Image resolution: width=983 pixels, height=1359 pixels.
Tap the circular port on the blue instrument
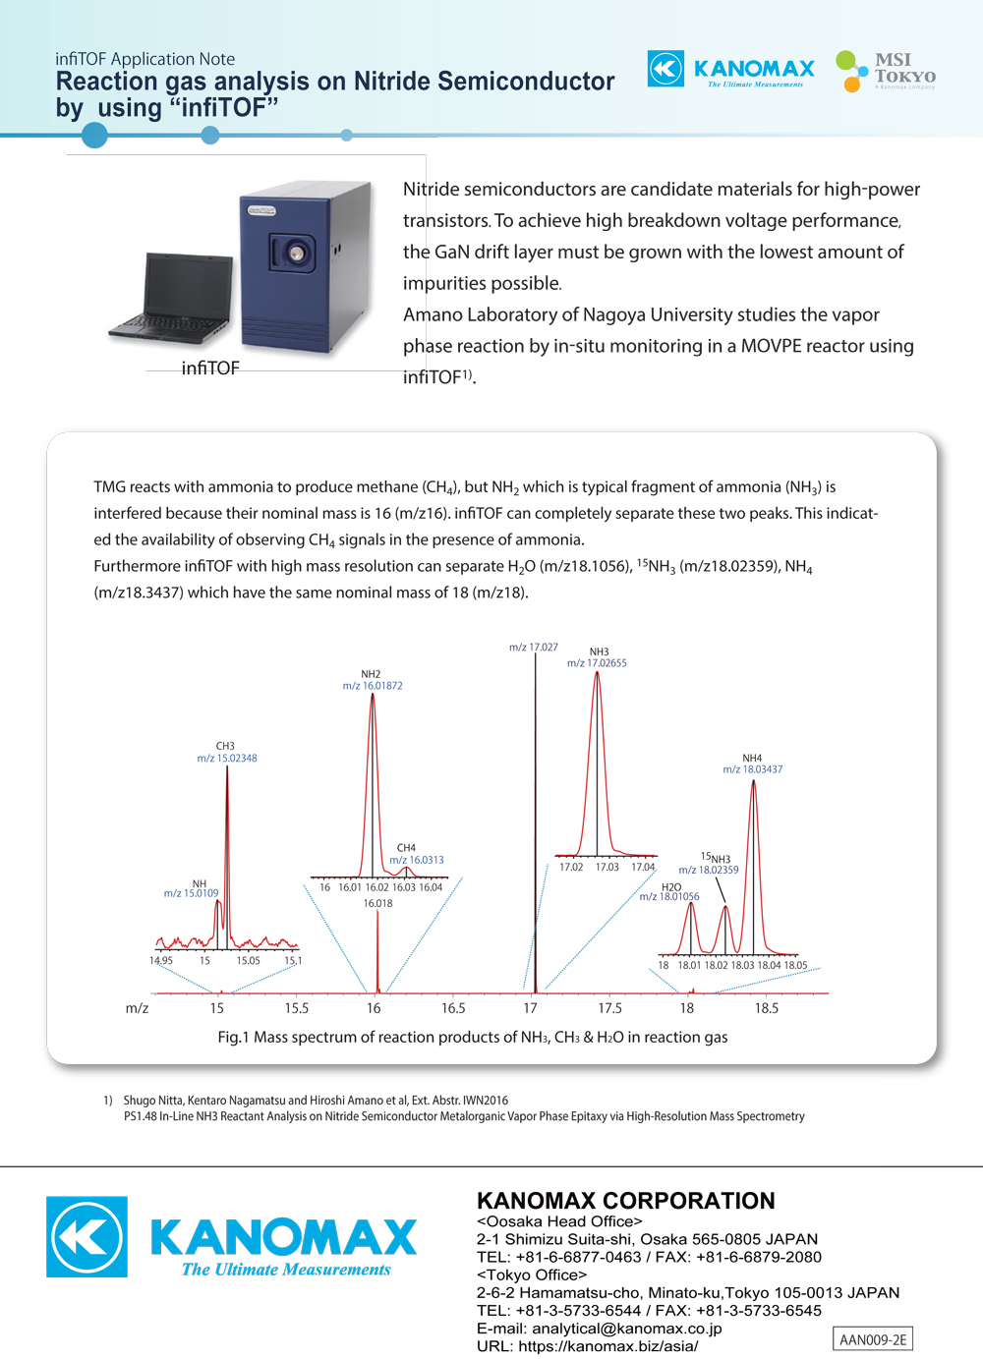coord(295,254)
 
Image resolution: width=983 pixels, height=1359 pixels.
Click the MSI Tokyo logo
coord(886,71)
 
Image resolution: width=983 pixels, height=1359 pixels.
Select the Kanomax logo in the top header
coord(731,70)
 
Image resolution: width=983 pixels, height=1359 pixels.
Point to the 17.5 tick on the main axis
coord(609,1008)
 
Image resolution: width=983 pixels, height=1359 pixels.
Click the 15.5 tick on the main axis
coord(297,1008)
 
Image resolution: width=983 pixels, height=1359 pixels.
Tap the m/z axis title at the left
coord(137,1008)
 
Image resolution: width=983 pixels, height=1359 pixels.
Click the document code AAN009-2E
coord(873,1339)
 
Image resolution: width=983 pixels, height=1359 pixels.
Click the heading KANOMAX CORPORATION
coord(626,1201)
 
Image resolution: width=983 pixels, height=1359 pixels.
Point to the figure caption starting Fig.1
coord(473,1037)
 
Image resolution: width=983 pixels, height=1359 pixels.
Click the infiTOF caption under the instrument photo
coord(210,368)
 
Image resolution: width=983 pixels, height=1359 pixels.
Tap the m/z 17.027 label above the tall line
coord(533,647)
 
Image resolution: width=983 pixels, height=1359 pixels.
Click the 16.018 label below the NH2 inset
coord(377,903)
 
